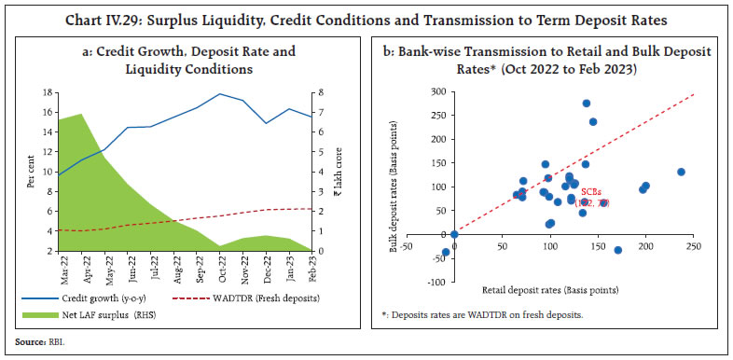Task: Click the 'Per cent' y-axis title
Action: click(x=31, y=173)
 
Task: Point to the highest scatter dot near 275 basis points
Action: click(x=587, y=104)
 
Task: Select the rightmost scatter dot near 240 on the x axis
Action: click(x=681, y=172)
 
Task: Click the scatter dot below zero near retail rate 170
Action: click(x=618, y=250)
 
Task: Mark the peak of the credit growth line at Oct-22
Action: click(x=220, y=94)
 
